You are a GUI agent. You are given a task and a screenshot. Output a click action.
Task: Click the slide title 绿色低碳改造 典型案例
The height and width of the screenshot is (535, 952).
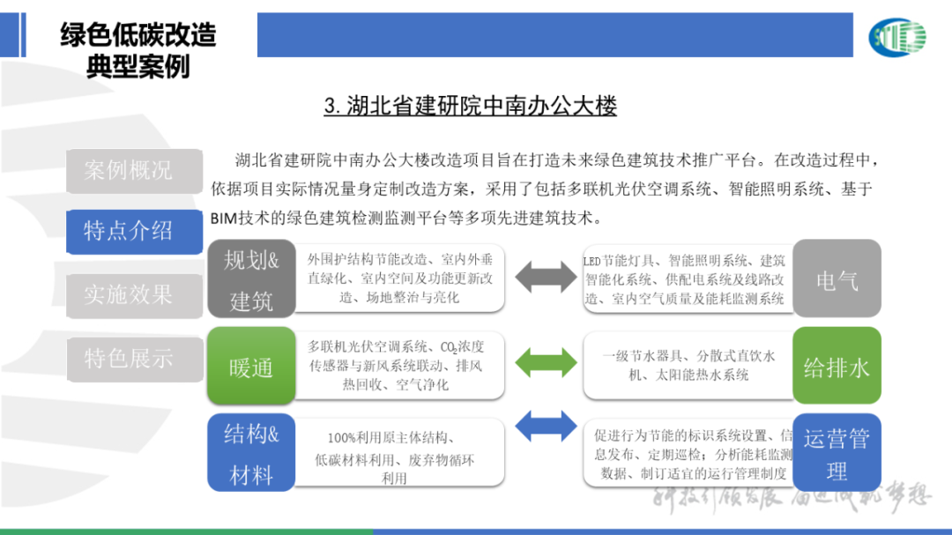click(x=138, y=50)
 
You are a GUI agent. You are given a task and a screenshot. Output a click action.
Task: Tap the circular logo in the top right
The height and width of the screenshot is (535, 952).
click(x=896, y=37)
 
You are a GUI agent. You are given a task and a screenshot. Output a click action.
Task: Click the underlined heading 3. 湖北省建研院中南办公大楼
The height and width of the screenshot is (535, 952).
click(x=470, y=107)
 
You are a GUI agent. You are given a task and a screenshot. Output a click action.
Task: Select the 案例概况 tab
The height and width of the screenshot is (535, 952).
click(x=128, y=170)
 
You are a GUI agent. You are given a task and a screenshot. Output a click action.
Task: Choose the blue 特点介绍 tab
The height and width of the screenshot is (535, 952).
click(x=128, y=232)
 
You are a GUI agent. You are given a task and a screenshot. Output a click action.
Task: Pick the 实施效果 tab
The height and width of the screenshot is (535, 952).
click(x=128, y=294)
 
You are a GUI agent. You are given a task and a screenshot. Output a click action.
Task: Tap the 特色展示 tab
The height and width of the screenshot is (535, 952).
click(x=128, y=358)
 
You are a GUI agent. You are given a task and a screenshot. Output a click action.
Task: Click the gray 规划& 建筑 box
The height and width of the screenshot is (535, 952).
click(x=251, y=279)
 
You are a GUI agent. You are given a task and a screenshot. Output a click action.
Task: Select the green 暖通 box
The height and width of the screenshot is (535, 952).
click(x=251, y=367)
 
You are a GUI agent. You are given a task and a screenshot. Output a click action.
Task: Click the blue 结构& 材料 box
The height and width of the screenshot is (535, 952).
click(x=251, y=453)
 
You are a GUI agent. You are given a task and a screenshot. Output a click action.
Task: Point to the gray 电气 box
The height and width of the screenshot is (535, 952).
click(x=837, y=279)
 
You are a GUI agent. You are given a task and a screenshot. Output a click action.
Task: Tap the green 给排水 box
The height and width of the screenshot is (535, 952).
click(x=837, y=367)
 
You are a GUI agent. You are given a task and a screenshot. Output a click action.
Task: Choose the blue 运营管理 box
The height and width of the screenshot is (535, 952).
click(x=837, y=453)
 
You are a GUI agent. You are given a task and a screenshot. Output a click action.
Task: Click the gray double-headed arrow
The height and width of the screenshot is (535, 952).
click(x=545, y=277)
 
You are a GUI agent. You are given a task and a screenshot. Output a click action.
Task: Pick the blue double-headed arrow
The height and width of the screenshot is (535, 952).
click(x=545, y=427)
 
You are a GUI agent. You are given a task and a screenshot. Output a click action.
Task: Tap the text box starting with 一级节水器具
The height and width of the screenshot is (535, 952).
click(x=688, y=365)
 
